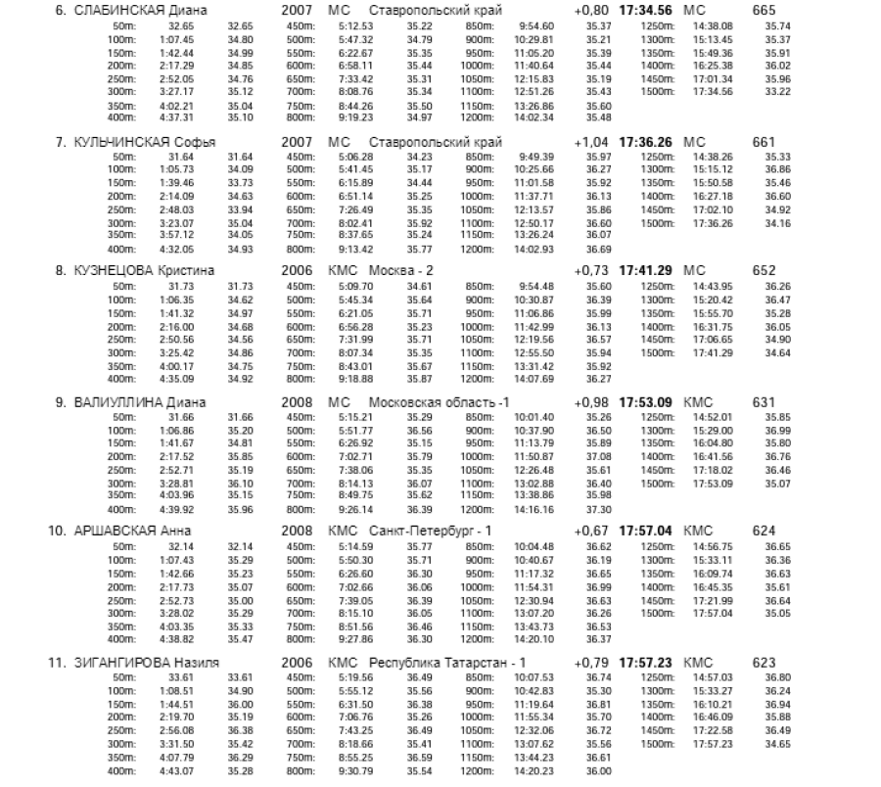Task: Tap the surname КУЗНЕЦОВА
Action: (x=112, y=271)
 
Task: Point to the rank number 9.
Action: (x=60, y=401)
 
